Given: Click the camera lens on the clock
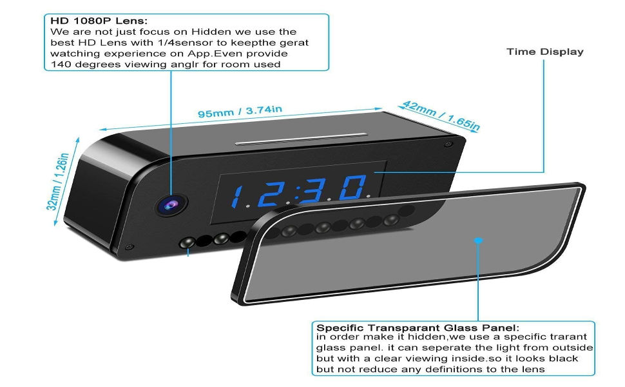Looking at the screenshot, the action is [170, 204].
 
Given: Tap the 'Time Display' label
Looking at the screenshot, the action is [544, 52].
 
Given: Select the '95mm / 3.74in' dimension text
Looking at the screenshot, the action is [240, 111].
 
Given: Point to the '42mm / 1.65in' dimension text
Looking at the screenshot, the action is [441, 115].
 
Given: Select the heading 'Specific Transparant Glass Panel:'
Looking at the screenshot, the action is [418, 328].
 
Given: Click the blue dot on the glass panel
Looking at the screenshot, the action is [478, 241].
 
